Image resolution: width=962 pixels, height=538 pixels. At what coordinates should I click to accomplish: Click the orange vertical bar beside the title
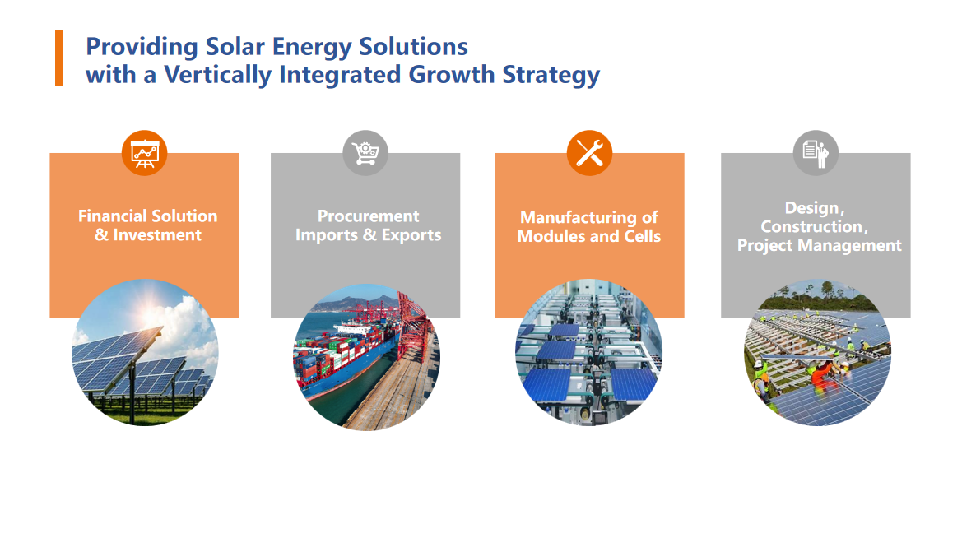click(x=59, y=58)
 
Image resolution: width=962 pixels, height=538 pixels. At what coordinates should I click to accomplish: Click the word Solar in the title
click(x=235, y=47)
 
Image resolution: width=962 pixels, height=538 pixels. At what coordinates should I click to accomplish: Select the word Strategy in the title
click(x=551, y=75)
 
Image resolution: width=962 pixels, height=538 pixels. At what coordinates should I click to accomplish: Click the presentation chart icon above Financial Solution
click(x=145, y=153)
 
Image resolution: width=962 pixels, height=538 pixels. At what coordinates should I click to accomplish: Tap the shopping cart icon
click(x=365, y=153)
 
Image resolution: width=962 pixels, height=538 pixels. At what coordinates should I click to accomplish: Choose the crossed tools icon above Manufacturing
click(x=589, y=153)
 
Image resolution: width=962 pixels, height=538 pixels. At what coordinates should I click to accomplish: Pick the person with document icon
click(x=816, y=153)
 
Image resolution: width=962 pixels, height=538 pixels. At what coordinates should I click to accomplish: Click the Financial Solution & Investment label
click(x=148, y=225)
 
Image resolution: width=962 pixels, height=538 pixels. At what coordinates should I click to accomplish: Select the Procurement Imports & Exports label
click(x=368, y=225)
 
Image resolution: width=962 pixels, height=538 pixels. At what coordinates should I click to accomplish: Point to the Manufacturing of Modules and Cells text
click(x=589, y=226)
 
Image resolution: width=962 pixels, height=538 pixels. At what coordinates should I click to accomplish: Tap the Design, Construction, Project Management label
click(x=819, y=226)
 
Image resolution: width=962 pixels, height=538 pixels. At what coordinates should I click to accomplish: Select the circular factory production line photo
click(x=589, y=353)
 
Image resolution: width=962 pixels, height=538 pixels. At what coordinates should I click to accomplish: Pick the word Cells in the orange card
click(x=643, y=236)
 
